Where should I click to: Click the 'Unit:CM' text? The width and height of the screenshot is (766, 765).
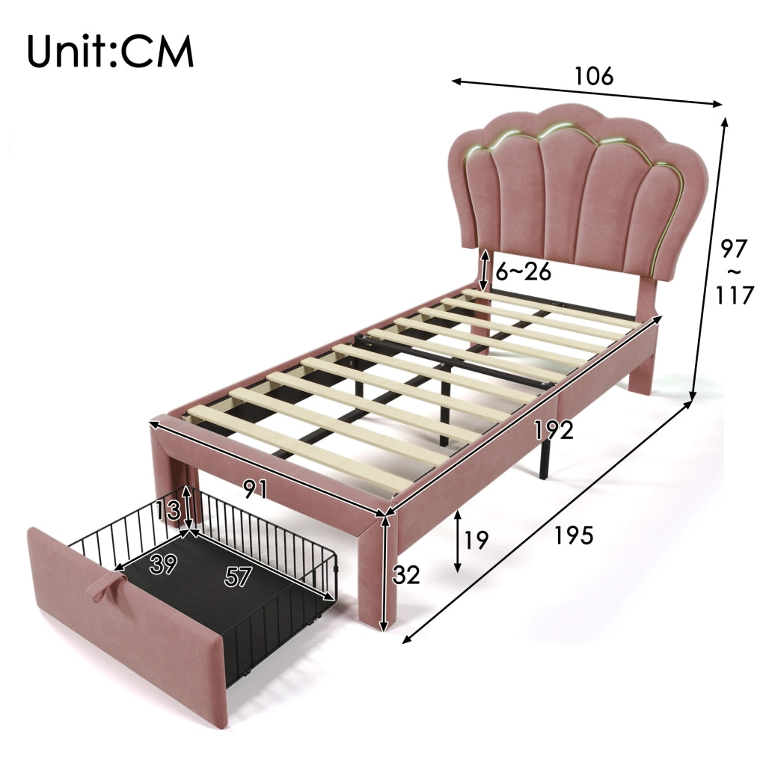111,52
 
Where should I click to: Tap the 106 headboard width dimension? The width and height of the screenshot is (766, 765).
593,76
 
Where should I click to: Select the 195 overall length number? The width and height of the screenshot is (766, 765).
574,535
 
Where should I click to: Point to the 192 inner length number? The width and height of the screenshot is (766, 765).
554,430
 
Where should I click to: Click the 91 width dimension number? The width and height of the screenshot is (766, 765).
256,489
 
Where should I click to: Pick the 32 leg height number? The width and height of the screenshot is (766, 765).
406,575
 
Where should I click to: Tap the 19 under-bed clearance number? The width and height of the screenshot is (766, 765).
476,540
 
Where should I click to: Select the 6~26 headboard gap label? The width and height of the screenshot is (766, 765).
523,271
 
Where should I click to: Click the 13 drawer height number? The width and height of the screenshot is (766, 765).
168,511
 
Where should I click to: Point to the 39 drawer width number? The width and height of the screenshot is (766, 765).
163,565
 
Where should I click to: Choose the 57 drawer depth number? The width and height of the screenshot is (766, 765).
238,577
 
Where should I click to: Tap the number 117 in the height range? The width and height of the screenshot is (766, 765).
735,295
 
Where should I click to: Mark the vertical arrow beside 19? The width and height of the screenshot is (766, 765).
458,541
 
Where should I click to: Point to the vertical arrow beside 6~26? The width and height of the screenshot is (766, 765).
484,271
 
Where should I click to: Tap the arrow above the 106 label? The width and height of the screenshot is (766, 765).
586,92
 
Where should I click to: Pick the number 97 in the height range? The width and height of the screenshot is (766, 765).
735,249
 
